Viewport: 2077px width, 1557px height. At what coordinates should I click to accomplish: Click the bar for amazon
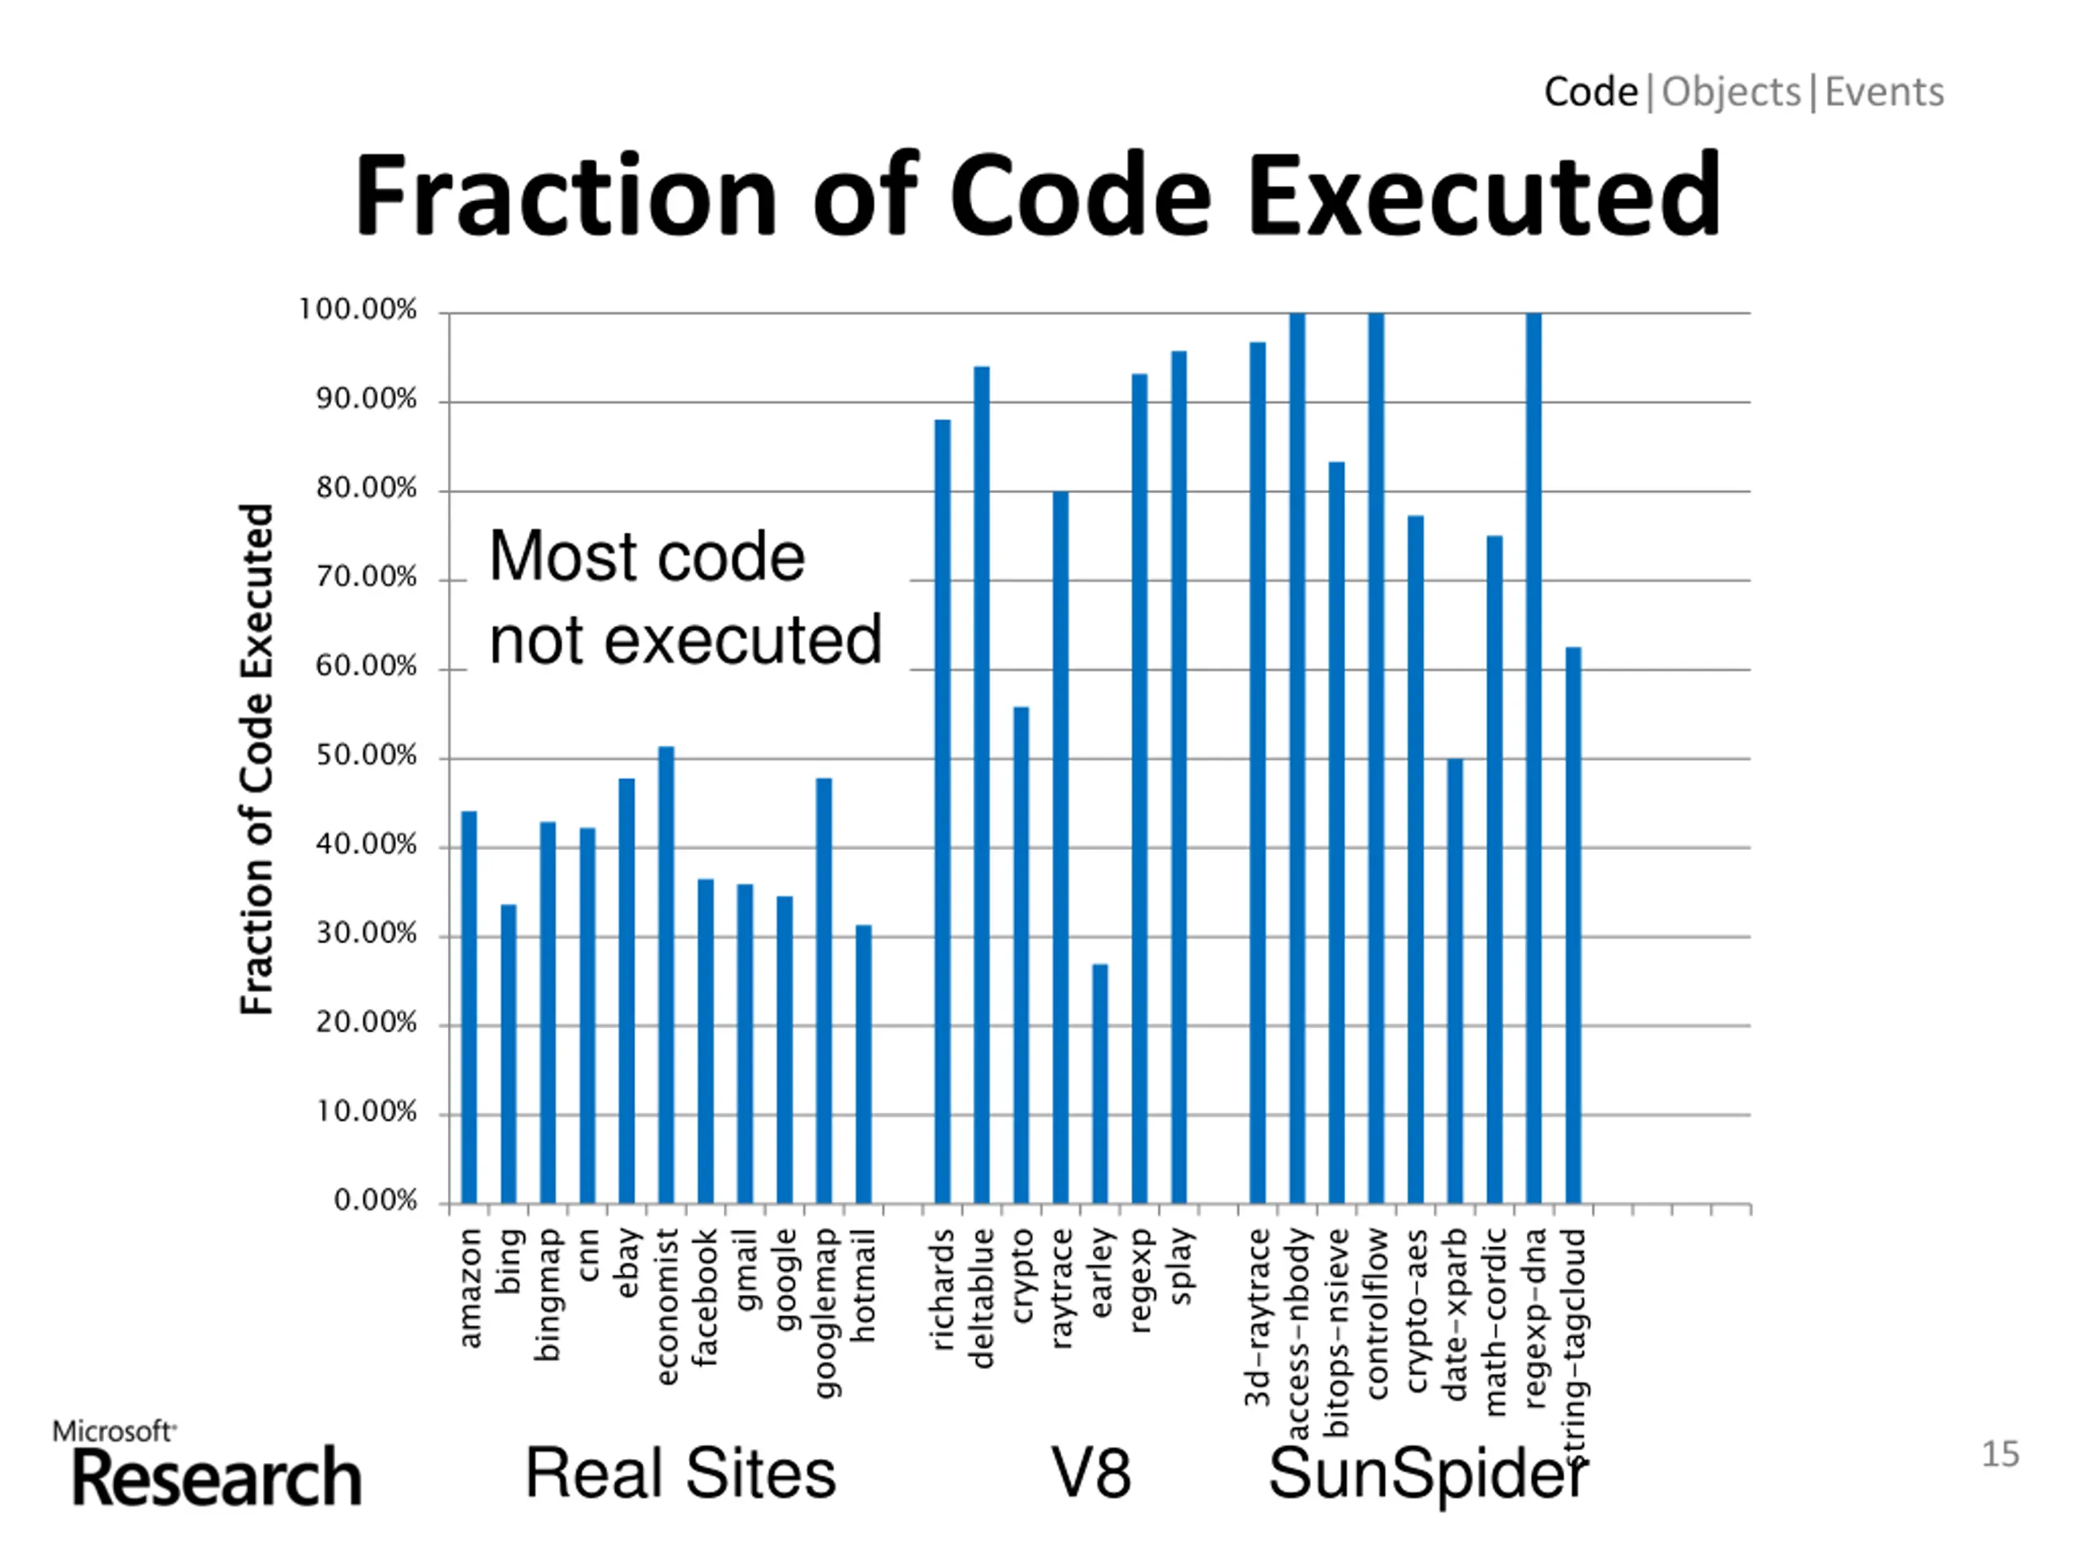coord(469,1006)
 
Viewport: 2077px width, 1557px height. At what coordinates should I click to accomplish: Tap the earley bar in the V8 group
coord(1099,1083)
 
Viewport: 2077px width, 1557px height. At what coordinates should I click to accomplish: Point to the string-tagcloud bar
coord(1573,924)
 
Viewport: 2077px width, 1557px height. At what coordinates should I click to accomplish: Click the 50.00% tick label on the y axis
coord(366,757)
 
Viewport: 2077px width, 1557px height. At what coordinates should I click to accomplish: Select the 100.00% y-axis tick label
coord(357,310)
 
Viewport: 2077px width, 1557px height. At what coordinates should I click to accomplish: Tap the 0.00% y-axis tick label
coord(375,1200)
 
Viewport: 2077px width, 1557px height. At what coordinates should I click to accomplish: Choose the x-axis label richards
coord(943,1289)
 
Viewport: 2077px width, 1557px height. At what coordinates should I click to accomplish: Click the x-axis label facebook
coord(705,1297)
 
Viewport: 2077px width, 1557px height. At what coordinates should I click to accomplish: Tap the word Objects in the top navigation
coord(1731,92)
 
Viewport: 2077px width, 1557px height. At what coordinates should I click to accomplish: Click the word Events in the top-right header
coord(1884,92)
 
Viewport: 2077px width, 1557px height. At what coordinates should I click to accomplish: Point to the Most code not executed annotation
coord(685,598)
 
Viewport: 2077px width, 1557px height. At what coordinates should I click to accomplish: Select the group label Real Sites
coord(680,1473)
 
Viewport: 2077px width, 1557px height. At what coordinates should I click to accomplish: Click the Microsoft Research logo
coord(209,1464)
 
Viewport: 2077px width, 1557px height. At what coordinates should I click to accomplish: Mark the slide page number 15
coord(2000,1454)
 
